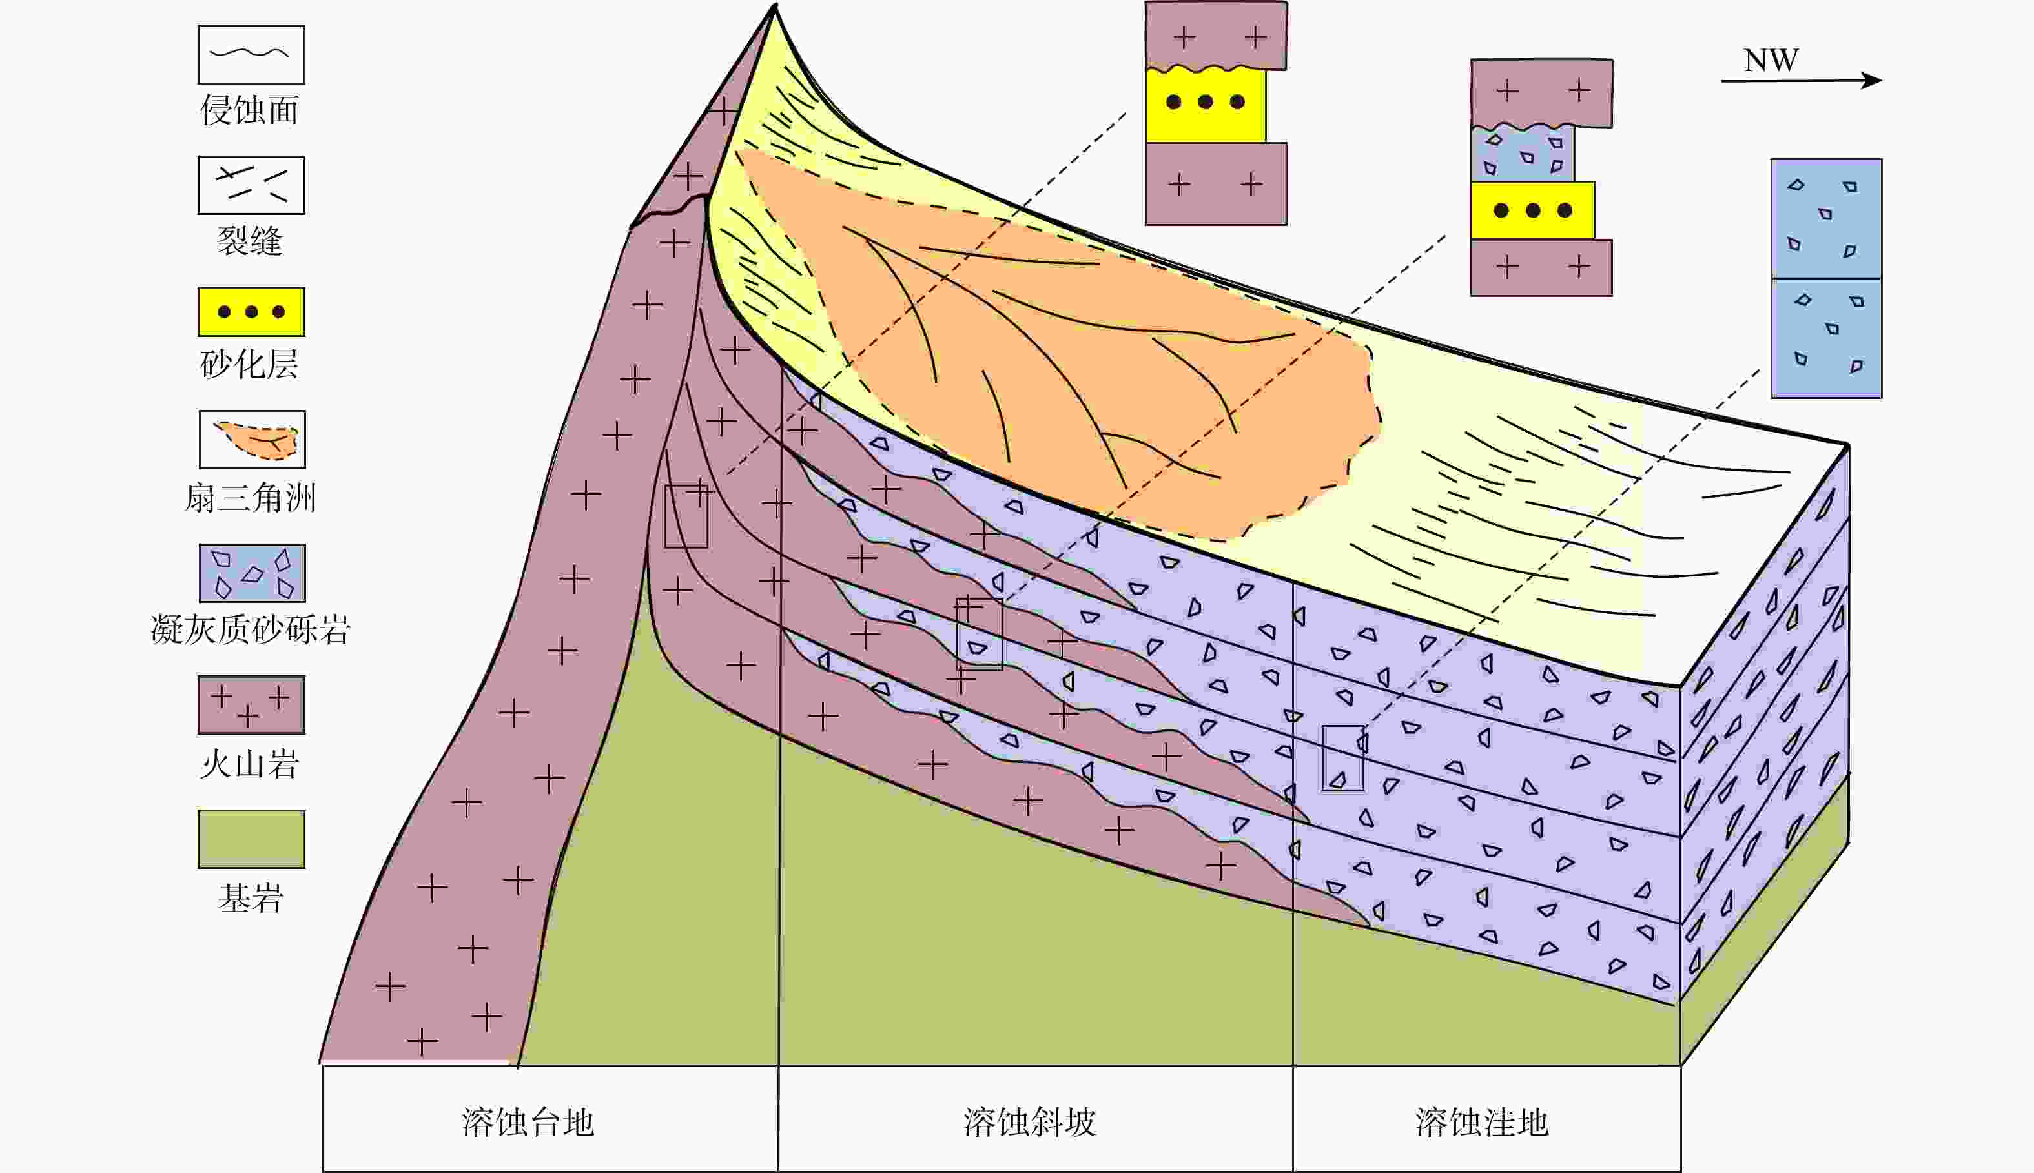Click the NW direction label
pyautogui.click(x=1771, y=61)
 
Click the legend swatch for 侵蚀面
pyautogui.click(x=251, y=55)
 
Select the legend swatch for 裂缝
pyautogui.click(x=251, y=185)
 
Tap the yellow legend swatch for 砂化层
pyautogui.click(x=251, y=312)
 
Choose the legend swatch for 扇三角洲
pyautogui.click(x=252, y=439)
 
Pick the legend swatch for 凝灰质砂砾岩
pyautogui.click(x=252, y=573)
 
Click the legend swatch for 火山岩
pyautogui.click(x=251, y=705)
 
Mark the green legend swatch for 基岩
pyautogui.click(x=251, y=839)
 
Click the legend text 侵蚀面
pyautogui.click(x=250, y=110)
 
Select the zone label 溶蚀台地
pyautogui.click(x=528, y=1122)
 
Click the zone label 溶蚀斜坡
pyautogui.click(x=1029, y=1122)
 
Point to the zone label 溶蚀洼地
pyautogui.click(x=1482, y=1122)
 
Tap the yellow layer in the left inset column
pyautogui.click(x=1205, y=105)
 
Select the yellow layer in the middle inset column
pyautogui.click(x=1532, y=210)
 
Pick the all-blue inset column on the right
pyautogui.click(x=1826, y=278)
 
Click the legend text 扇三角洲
pyautogui.click(x=250, y=498)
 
